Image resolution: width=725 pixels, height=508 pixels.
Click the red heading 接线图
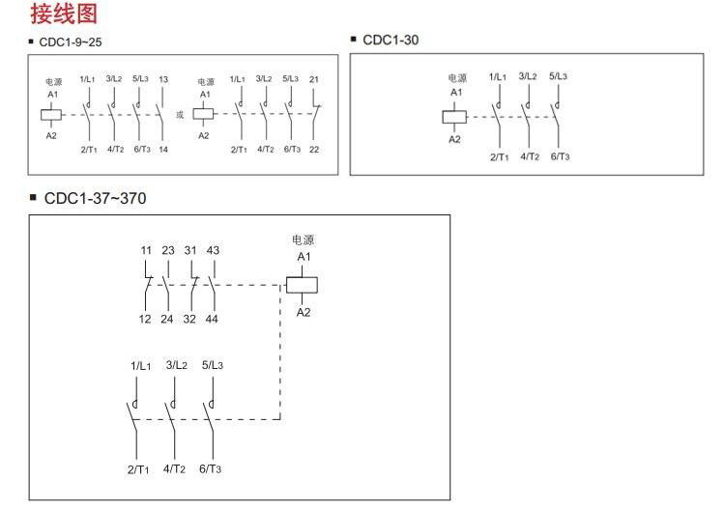[64, 14]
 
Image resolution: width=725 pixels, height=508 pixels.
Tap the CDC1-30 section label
[391, 40]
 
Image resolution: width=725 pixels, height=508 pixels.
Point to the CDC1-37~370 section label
[96, 199]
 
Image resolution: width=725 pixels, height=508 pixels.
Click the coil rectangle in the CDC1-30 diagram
[454, 117]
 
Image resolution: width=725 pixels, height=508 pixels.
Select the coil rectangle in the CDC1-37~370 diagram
[304, 285]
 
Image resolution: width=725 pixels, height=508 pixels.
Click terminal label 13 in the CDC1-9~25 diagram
[162, 79]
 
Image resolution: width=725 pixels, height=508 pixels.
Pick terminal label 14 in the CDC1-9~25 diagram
[162, 150]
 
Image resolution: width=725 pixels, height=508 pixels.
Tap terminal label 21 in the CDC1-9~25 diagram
[314, 79]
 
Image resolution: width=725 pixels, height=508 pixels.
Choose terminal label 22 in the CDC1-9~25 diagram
[314, 150]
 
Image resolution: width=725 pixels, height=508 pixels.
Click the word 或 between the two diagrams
[179, 114]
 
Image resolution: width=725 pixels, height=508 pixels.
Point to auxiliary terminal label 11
[146, 251]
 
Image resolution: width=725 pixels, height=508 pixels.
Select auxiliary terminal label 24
[168, 320]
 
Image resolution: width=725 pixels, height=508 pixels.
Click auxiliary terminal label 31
[190, 251]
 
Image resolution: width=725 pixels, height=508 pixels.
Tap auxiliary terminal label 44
[213, 320]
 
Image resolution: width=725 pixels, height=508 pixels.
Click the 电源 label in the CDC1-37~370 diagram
[304, 240]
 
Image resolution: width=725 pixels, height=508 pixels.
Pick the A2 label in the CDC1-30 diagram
[454, 139]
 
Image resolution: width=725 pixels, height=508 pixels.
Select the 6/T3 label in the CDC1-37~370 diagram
[211, 469]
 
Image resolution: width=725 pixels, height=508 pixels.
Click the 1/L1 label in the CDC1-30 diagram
[500, 76]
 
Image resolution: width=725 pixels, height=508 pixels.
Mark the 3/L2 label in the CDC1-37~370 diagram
[177, 365]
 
